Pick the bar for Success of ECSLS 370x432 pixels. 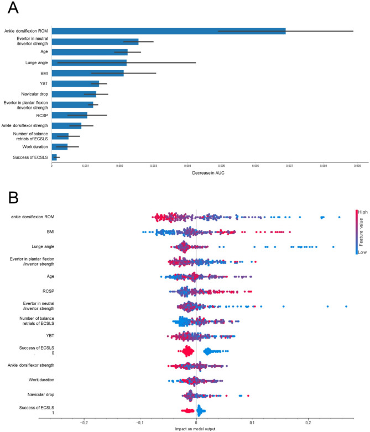point(54,157)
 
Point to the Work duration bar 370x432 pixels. point(59,146)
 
